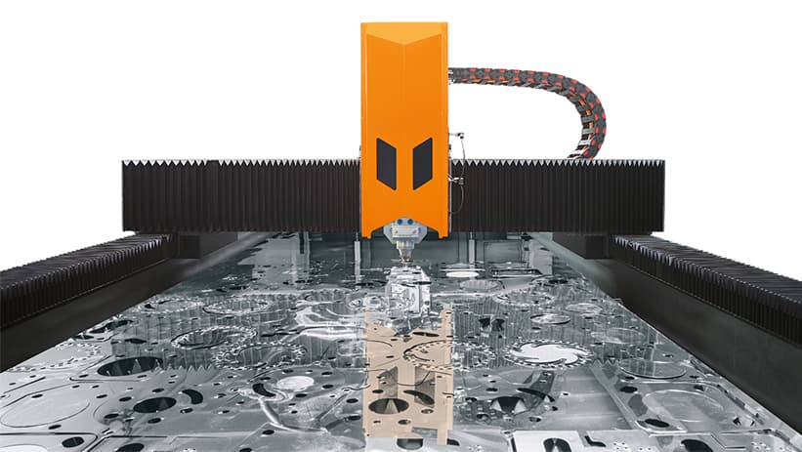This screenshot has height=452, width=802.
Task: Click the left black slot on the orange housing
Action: pyautogui.click(x=387, y=163)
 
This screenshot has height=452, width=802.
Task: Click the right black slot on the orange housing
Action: pyautogui.click(x=422, y=163)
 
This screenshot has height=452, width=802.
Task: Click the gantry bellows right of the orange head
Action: pyautogui.click(x=557, y=195)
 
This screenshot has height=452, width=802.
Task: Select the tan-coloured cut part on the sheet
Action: pyautogui.click(x=406, y=371)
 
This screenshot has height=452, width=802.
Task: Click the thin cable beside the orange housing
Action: pyautogui.click(x=454, y=181)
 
